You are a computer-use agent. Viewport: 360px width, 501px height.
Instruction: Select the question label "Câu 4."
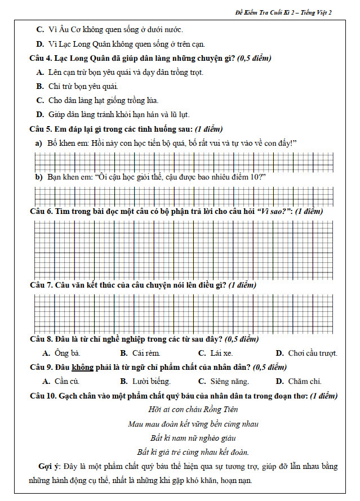pyautogui.click(x=42, y=58)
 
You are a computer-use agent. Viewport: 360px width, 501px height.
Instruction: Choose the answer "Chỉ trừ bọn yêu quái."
pyautogui.click(x=83, y=86)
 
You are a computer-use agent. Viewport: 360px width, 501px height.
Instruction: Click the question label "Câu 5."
pyautogui.click(x=42, y=128)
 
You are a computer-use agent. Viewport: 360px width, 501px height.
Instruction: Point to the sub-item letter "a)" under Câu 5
pyautogui.click(x=39, y=143)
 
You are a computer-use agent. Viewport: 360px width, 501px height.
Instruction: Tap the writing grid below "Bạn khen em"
pyautogui.click(x=186, y=195)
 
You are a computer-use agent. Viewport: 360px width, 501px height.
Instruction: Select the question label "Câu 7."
pyautogui.click(x=42, y=285)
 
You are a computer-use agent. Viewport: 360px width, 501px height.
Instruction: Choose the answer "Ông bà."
pyautogui.click(x=67, y=354)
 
